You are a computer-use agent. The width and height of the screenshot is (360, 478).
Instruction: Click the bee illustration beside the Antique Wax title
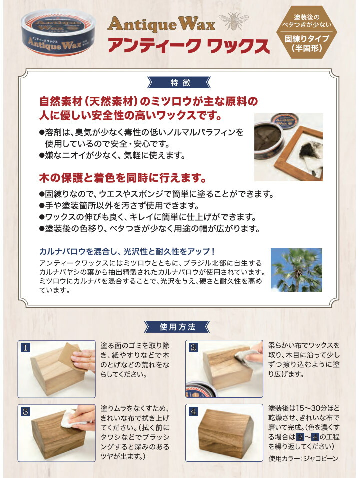tap(234, 21)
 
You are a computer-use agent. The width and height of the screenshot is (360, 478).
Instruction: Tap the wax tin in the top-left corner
tap(58, 32)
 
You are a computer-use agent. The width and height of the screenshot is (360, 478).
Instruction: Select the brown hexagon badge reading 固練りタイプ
tap(307, 32)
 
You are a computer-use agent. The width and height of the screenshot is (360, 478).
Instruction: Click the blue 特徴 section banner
tap(179, 82)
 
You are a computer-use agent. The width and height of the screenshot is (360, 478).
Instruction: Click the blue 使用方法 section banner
tap(177, 327)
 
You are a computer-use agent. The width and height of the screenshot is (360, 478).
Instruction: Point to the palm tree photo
tap(296, 270)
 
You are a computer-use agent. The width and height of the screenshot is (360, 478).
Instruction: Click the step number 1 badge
tap(26, 348)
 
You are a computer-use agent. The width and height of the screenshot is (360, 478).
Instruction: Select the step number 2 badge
tap(193, 348)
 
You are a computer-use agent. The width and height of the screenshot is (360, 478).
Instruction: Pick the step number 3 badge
tap(26, 412)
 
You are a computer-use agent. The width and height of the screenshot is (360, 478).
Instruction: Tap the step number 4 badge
tap(193, 412)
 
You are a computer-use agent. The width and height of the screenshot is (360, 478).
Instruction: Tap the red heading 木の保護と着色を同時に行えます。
tap(123, 178)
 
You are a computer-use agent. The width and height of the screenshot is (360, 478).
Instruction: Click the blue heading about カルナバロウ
tap(127, 252)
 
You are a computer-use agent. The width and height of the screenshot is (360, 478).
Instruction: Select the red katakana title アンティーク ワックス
tap(189, 45)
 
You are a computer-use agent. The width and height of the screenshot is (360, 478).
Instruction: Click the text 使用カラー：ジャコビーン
tap(303, 459)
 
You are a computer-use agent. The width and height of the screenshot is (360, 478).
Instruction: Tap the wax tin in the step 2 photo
tap(201, 389)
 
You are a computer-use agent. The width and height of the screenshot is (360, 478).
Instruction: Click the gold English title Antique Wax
tap(162, 24)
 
